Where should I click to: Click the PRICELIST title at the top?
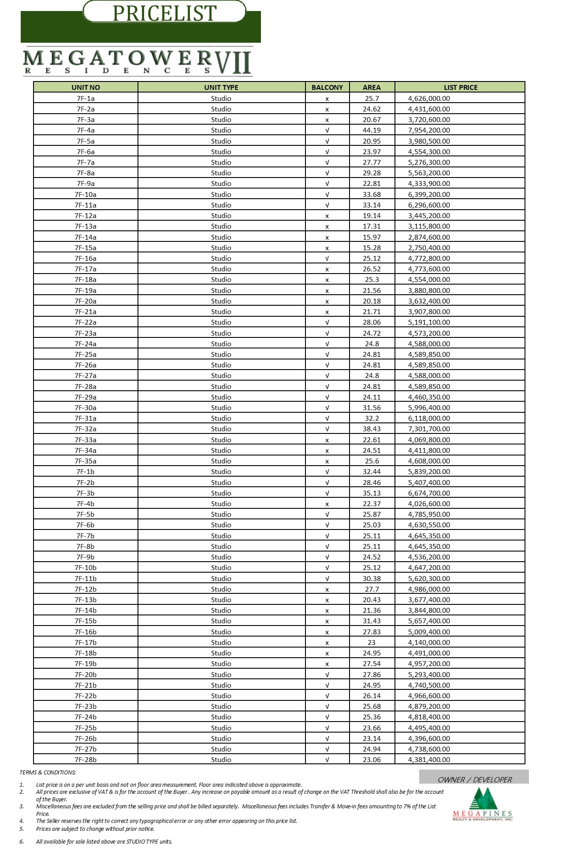(x=164, y=13)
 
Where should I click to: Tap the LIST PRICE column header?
(x=460, y=87)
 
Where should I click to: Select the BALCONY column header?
(x=327, y=87)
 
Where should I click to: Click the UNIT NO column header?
(x=86, y=87)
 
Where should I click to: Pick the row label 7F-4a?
(x=86, y=130)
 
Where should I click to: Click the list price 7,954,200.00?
(x=429, y=130)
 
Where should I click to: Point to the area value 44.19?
(x=372, y=130)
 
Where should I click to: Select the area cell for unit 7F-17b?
(x=372, y=643)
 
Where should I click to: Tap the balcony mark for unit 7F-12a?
(x=327, y=216)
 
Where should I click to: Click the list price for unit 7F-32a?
(x=429, y=429)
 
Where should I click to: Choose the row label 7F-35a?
(x=86, y=461)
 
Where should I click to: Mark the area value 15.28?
(x=372, y=248)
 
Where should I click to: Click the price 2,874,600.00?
(x=429, y=237)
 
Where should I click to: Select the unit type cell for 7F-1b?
(x=221, y=472)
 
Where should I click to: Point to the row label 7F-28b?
(x=86, y=760)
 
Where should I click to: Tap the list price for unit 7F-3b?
(x=429, y=493)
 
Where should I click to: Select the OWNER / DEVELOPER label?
(x=474, y=780)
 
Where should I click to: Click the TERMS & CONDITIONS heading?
(x=48, y=772)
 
